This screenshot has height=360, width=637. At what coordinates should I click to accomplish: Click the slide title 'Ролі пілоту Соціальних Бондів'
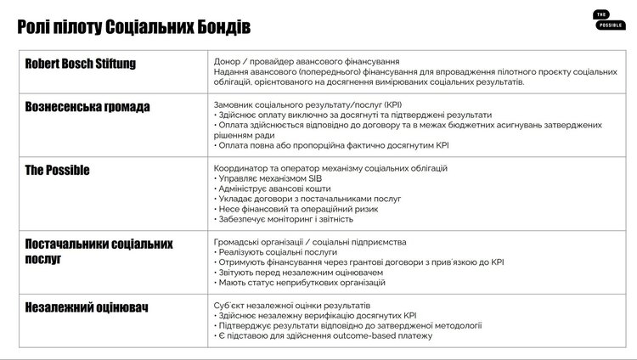pos(133,28)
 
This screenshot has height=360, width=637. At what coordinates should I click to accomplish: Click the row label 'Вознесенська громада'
pos(87,108)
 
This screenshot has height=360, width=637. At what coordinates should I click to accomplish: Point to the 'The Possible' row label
pos(58,171)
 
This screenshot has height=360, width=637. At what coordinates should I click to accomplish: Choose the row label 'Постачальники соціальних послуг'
pos(99,251)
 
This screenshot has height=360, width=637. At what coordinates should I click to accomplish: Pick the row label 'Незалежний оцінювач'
pos(87,307)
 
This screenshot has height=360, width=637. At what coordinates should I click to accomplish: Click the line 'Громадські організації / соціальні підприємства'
pos(310,242)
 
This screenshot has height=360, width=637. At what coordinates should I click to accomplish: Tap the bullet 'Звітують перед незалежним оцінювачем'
pos(297,273)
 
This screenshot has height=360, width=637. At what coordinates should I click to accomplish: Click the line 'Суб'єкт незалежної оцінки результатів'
pos(292,305)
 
